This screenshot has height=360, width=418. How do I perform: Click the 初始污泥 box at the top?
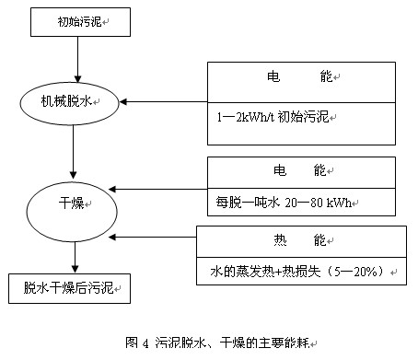75,19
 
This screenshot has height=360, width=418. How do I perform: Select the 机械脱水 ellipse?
76,102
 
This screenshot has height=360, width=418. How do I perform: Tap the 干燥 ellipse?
72,203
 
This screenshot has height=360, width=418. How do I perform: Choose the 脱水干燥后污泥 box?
70,287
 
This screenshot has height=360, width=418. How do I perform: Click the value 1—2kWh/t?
244,118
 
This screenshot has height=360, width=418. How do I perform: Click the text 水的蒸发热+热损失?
267,273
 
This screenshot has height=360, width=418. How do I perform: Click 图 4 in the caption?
137,343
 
